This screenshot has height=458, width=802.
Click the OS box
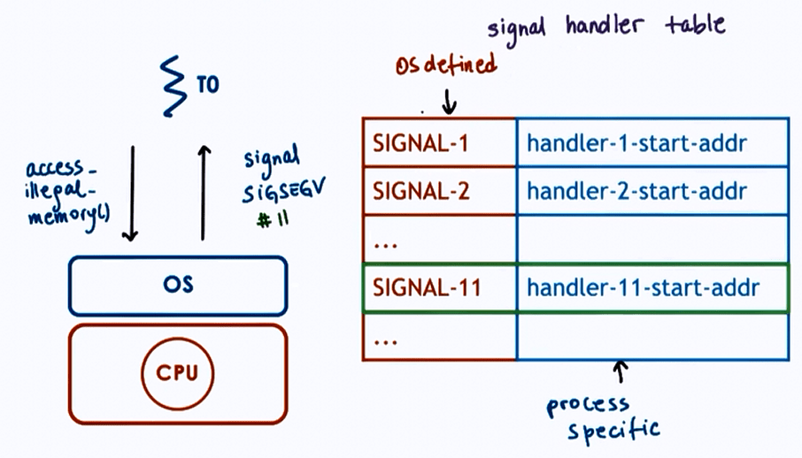tap(177, 286)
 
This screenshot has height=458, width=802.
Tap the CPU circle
tap(178, 372)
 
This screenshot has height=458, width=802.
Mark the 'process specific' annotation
tap(602, 417)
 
